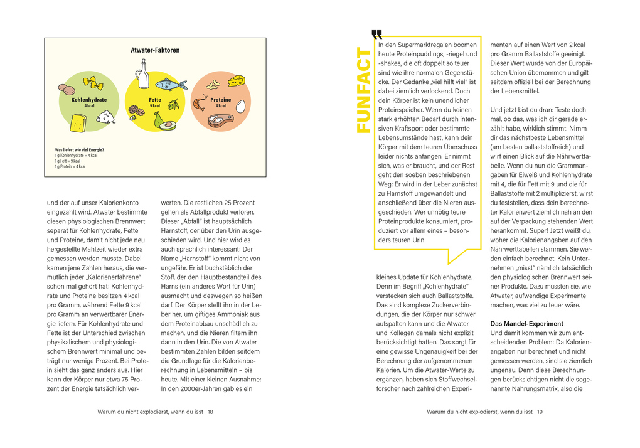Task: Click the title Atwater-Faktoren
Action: pyautogui.click(x=155, y=50)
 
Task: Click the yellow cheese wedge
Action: pyautogui.click(x=236, y=80)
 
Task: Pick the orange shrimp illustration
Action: pyautogui.click(x=200, y=102)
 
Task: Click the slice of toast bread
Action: pyautogui.click(x=78, y=124)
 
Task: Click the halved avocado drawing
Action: pyautogui.click(x=167, y=125)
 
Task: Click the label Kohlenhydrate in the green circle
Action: pyautogui.click(x=89, y=100)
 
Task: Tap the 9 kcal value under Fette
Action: pyautogui.click(x=154, y=106)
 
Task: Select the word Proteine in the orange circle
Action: pyautogui.click(x=220, y=100)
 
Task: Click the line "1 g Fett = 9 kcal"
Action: pyautogui.click(x=67, y=161)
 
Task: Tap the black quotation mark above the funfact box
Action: pyautogui.click(x=376, y=35)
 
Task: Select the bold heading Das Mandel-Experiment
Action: pyautogui.click(x=518, y=323)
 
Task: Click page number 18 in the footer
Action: pyautogui.click(x=211, y=412)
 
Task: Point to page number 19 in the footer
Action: pyautogui.click(x=540, y=412)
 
